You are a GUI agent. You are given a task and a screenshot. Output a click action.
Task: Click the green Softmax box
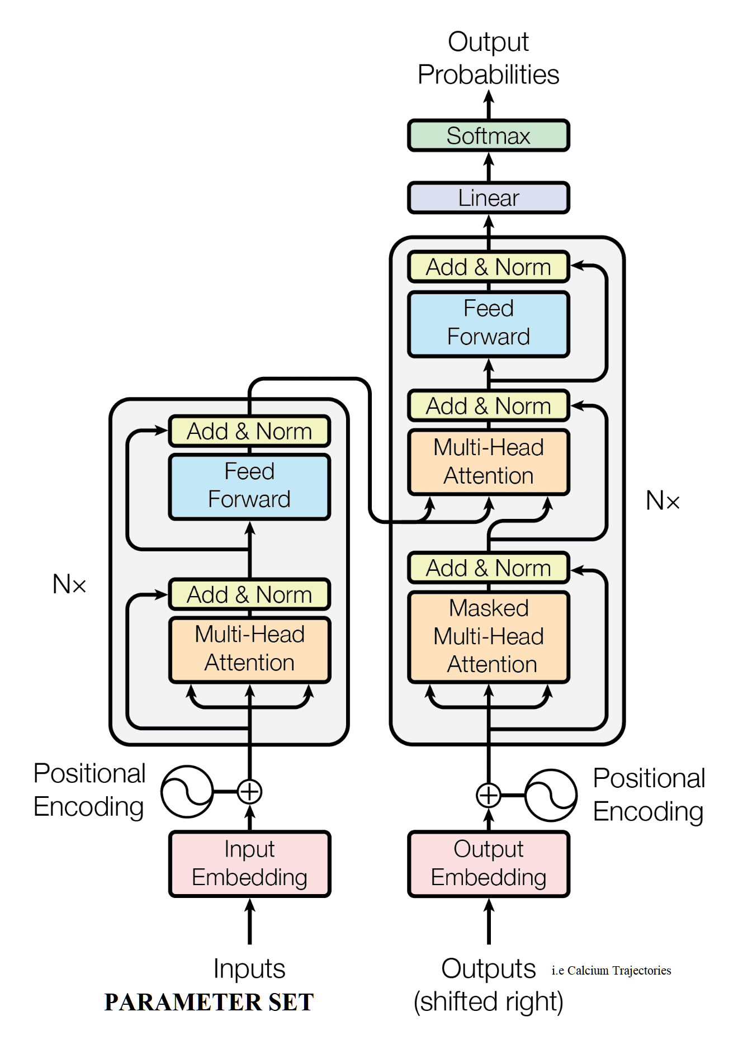coord(488,135)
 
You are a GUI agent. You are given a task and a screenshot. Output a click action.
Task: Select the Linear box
coord(488,198)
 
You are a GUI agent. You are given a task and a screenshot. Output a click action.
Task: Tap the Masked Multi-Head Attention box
coord(488,636)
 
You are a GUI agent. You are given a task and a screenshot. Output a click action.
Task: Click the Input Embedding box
coord(249,863)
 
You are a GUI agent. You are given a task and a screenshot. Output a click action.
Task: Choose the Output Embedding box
coord(488,863)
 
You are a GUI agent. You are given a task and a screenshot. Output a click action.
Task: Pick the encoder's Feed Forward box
coord(249,486)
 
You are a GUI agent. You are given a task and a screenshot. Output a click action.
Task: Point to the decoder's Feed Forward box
coord(488,323)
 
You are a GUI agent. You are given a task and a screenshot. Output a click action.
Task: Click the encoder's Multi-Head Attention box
coord(249,649)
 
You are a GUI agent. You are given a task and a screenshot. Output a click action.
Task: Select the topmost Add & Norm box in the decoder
coord(488,267)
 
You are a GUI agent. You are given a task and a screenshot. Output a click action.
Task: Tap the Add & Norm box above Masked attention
coord(488,568)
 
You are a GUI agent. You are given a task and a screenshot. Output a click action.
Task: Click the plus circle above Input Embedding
coord(249,792)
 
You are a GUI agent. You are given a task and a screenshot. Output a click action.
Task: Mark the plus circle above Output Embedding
coord(488,795)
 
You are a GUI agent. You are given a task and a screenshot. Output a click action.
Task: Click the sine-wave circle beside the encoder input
coord(187,792)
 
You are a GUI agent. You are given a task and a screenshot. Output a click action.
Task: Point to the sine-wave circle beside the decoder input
coord(551,795)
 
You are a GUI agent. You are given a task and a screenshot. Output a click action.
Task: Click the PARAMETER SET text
coord(209,1002)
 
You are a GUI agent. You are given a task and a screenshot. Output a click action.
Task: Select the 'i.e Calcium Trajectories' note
coord(611,971)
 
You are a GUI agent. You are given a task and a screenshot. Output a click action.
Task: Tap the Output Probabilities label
coord(488,58)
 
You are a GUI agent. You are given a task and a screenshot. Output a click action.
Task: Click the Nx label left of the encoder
coord(69,584)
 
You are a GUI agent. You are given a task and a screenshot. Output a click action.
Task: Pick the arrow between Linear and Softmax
coord(489,167)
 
